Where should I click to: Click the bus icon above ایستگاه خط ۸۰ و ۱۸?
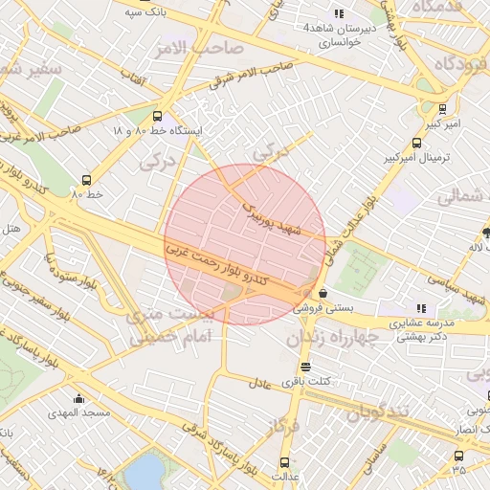pos(157,116)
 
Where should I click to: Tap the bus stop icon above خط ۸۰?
pos(87,179)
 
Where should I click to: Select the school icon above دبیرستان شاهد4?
pos(337,13)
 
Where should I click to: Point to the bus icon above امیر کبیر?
pos(442,109)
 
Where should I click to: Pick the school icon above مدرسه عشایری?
pos(422,308)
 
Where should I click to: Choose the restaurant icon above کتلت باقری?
pos(304,367)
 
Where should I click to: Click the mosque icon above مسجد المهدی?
pos(78,398)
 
